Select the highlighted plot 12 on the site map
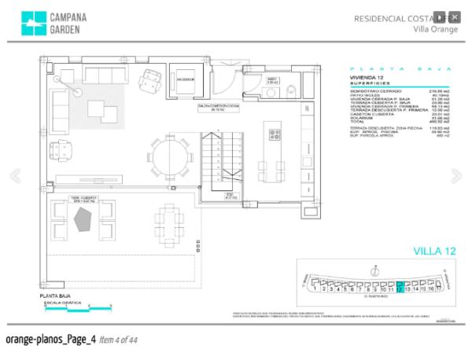click(400, 288)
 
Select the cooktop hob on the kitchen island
click(275, 132)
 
